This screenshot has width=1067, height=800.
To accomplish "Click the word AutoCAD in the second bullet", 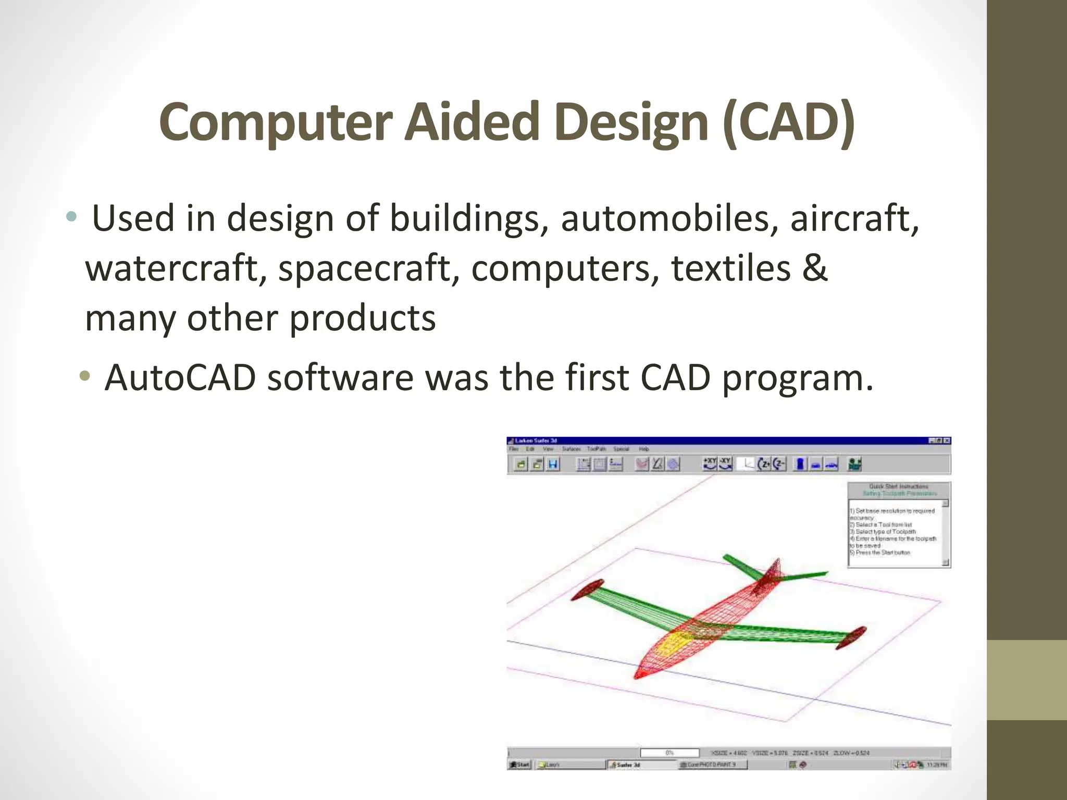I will (180, 377).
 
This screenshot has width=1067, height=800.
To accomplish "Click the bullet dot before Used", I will (71, 217).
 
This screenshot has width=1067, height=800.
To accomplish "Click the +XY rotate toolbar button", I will (710, 464).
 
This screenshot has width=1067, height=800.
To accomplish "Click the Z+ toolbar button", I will (764, 464).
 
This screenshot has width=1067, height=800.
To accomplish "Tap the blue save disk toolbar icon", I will (553, 464).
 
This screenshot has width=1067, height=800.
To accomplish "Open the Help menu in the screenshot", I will (644, 449).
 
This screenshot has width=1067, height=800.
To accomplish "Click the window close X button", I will (947, 441).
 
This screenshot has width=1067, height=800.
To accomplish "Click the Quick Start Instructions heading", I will (898, 486).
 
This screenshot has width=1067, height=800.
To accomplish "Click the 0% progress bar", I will (669, 753).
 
